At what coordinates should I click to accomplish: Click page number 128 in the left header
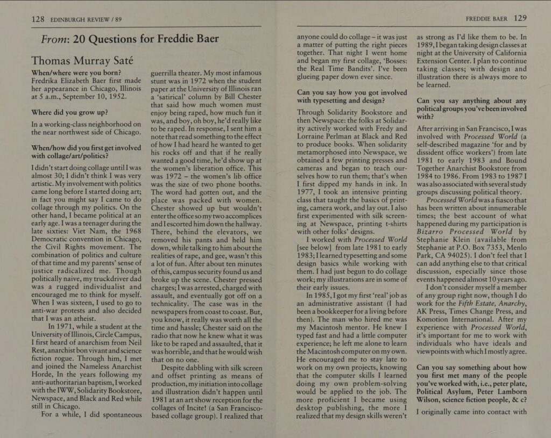click(x=38, y=19)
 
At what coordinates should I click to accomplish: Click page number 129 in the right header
click(x=520, y=18)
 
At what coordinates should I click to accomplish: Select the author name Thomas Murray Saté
click(x=85, y=60)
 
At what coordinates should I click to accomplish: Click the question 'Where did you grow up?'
click(x=70, y=112)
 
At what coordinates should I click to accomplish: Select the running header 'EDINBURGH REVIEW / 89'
click(x=86, y=20)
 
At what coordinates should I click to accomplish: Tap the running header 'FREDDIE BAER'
click(x=486, y=18)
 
